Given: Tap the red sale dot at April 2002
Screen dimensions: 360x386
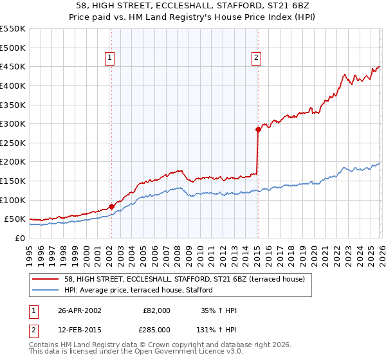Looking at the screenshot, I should click(x=111, y=206).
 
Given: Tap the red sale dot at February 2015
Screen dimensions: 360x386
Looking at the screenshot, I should click(x=258, y=129).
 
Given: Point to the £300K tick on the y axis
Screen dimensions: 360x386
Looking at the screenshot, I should click(x=13, y=123).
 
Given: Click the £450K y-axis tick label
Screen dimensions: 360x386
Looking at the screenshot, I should click(x=13, y=66).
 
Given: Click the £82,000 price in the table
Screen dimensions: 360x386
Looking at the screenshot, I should click(x=156, y=310).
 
